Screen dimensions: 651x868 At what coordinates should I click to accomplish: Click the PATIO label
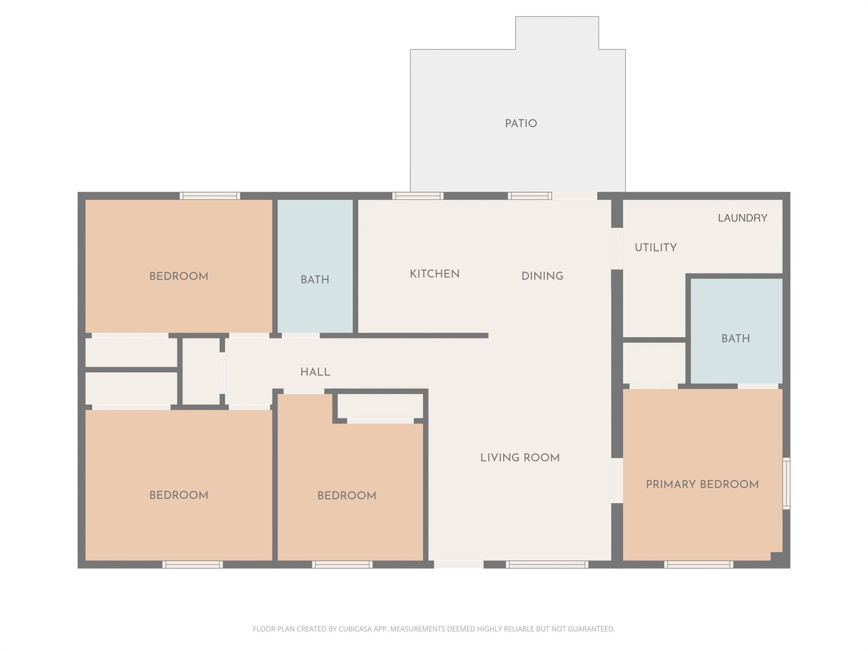tap(521, 124)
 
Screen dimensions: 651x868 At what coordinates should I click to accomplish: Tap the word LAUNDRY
tap(742, 218)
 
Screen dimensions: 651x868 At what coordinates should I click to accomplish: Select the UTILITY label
tap(655, 248)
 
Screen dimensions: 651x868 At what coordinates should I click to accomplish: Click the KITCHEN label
tap(434, 274)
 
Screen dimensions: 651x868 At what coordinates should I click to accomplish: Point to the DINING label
tap(542, 276)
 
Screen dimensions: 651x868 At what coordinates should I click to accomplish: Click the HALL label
tap(315, 372)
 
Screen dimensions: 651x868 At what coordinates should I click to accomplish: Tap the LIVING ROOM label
tap(520, 458)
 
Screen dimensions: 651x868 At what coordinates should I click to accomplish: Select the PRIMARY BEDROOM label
tap(702, 484)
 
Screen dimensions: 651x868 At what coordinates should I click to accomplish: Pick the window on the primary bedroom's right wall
tap(786, 483)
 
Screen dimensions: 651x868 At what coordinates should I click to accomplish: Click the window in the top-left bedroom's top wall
tap(210, 196)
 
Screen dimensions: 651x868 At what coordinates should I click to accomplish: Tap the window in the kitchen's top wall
tap(418, 196)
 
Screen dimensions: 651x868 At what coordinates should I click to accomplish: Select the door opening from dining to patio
tap(574, 196)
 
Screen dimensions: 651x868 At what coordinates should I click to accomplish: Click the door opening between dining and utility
tap(617, 249)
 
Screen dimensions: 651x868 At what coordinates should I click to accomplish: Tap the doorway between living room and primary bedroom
tap(617, 481)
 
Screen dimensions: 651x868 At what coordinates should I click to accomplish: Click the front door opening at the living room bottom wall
tap(459, 564)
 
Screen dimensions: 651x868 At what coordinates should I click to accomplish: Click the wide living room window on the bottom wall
tap(547, 564)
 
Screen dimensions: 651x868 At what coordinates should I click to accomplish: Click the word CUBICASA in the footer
tap(355, 629)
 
